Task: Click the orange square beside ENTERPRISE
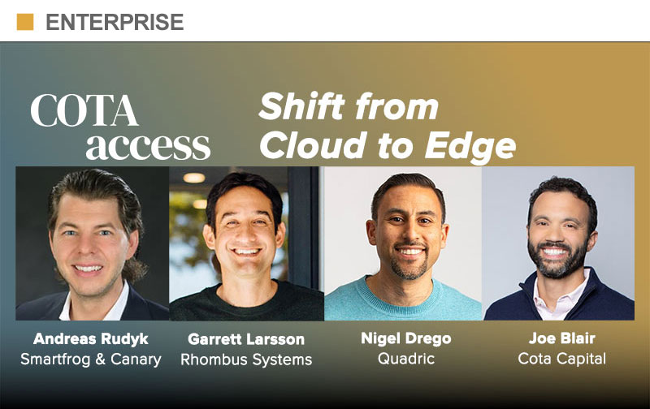coord(25,22)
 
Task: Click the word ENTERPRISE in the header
coord(115,22)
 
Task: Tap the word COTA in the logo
coord(84,110)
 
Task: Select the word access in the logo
coord(148,146)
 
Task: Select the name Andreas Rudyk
coord(91,339)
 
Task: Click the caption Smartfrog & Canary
coord(91,359)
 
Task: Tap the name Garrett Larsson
coord(246,339)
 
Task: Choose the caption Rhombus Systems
coord(246,359)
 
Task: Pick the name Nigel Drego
coord(406,338)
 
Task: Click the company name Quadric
coord(406,359)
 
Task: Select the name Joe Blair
coord(562,338)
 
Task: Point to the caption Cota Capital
coord(562,359)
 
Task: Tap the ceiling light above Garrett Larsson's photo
coord(194,178)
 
